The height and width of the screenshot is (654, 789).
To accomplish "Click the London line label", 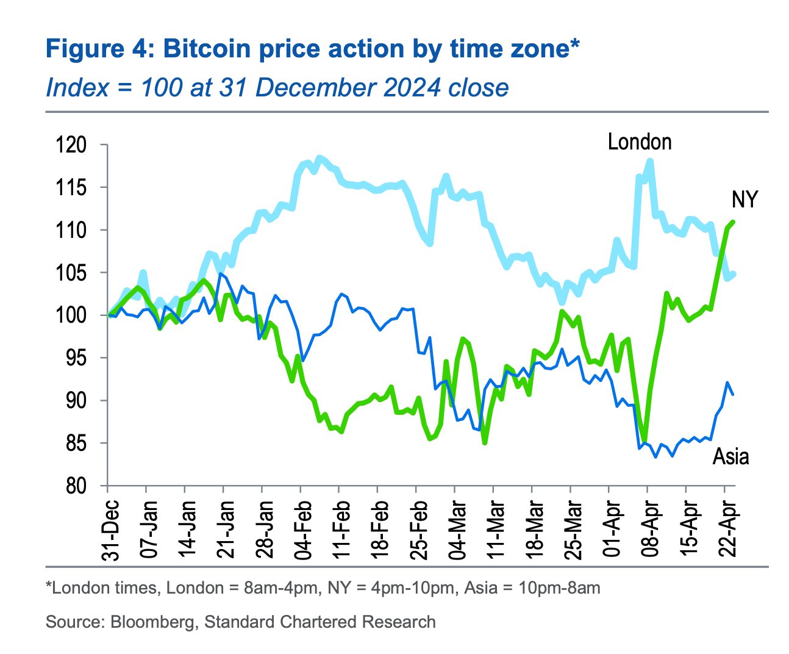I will click(x=639, y=142).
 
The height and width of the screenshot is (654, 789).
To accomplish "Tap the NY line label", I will click(x=744, y=199).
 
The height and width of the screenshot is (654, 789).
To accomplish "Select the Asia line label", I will click(x=730, y=456).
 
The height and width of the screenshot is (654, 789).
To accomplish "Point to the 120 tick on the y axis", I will click(x=71, y=145).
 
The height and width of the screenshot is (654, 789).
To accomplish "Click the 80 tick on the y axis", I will click(x=76, y=486).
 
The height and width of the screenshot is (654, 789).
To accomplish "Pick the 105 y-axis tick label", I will click(x=71, y=273).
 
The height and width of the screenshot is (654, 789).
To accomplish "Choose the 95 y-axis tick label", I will click(x=76, y=358).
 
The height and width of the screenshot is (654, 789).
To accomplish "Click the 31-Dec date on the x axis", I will click(x=110, y=530).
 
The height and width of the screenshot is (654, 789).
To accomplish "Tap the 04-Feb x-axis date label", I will click(x=302, y=530).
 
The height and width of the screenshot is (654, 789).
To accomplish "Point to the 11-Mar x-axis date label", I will click(x=495, y=530).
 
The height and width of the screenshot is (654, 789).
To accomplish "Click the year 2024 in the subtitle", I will click(x=412, y=88).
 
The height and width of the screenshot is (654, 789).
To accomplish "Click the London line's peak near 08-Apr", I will click(x=650, y=160).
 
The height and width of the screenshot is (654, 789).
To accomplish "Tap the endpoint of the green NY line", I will click(x=733, y=221).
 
